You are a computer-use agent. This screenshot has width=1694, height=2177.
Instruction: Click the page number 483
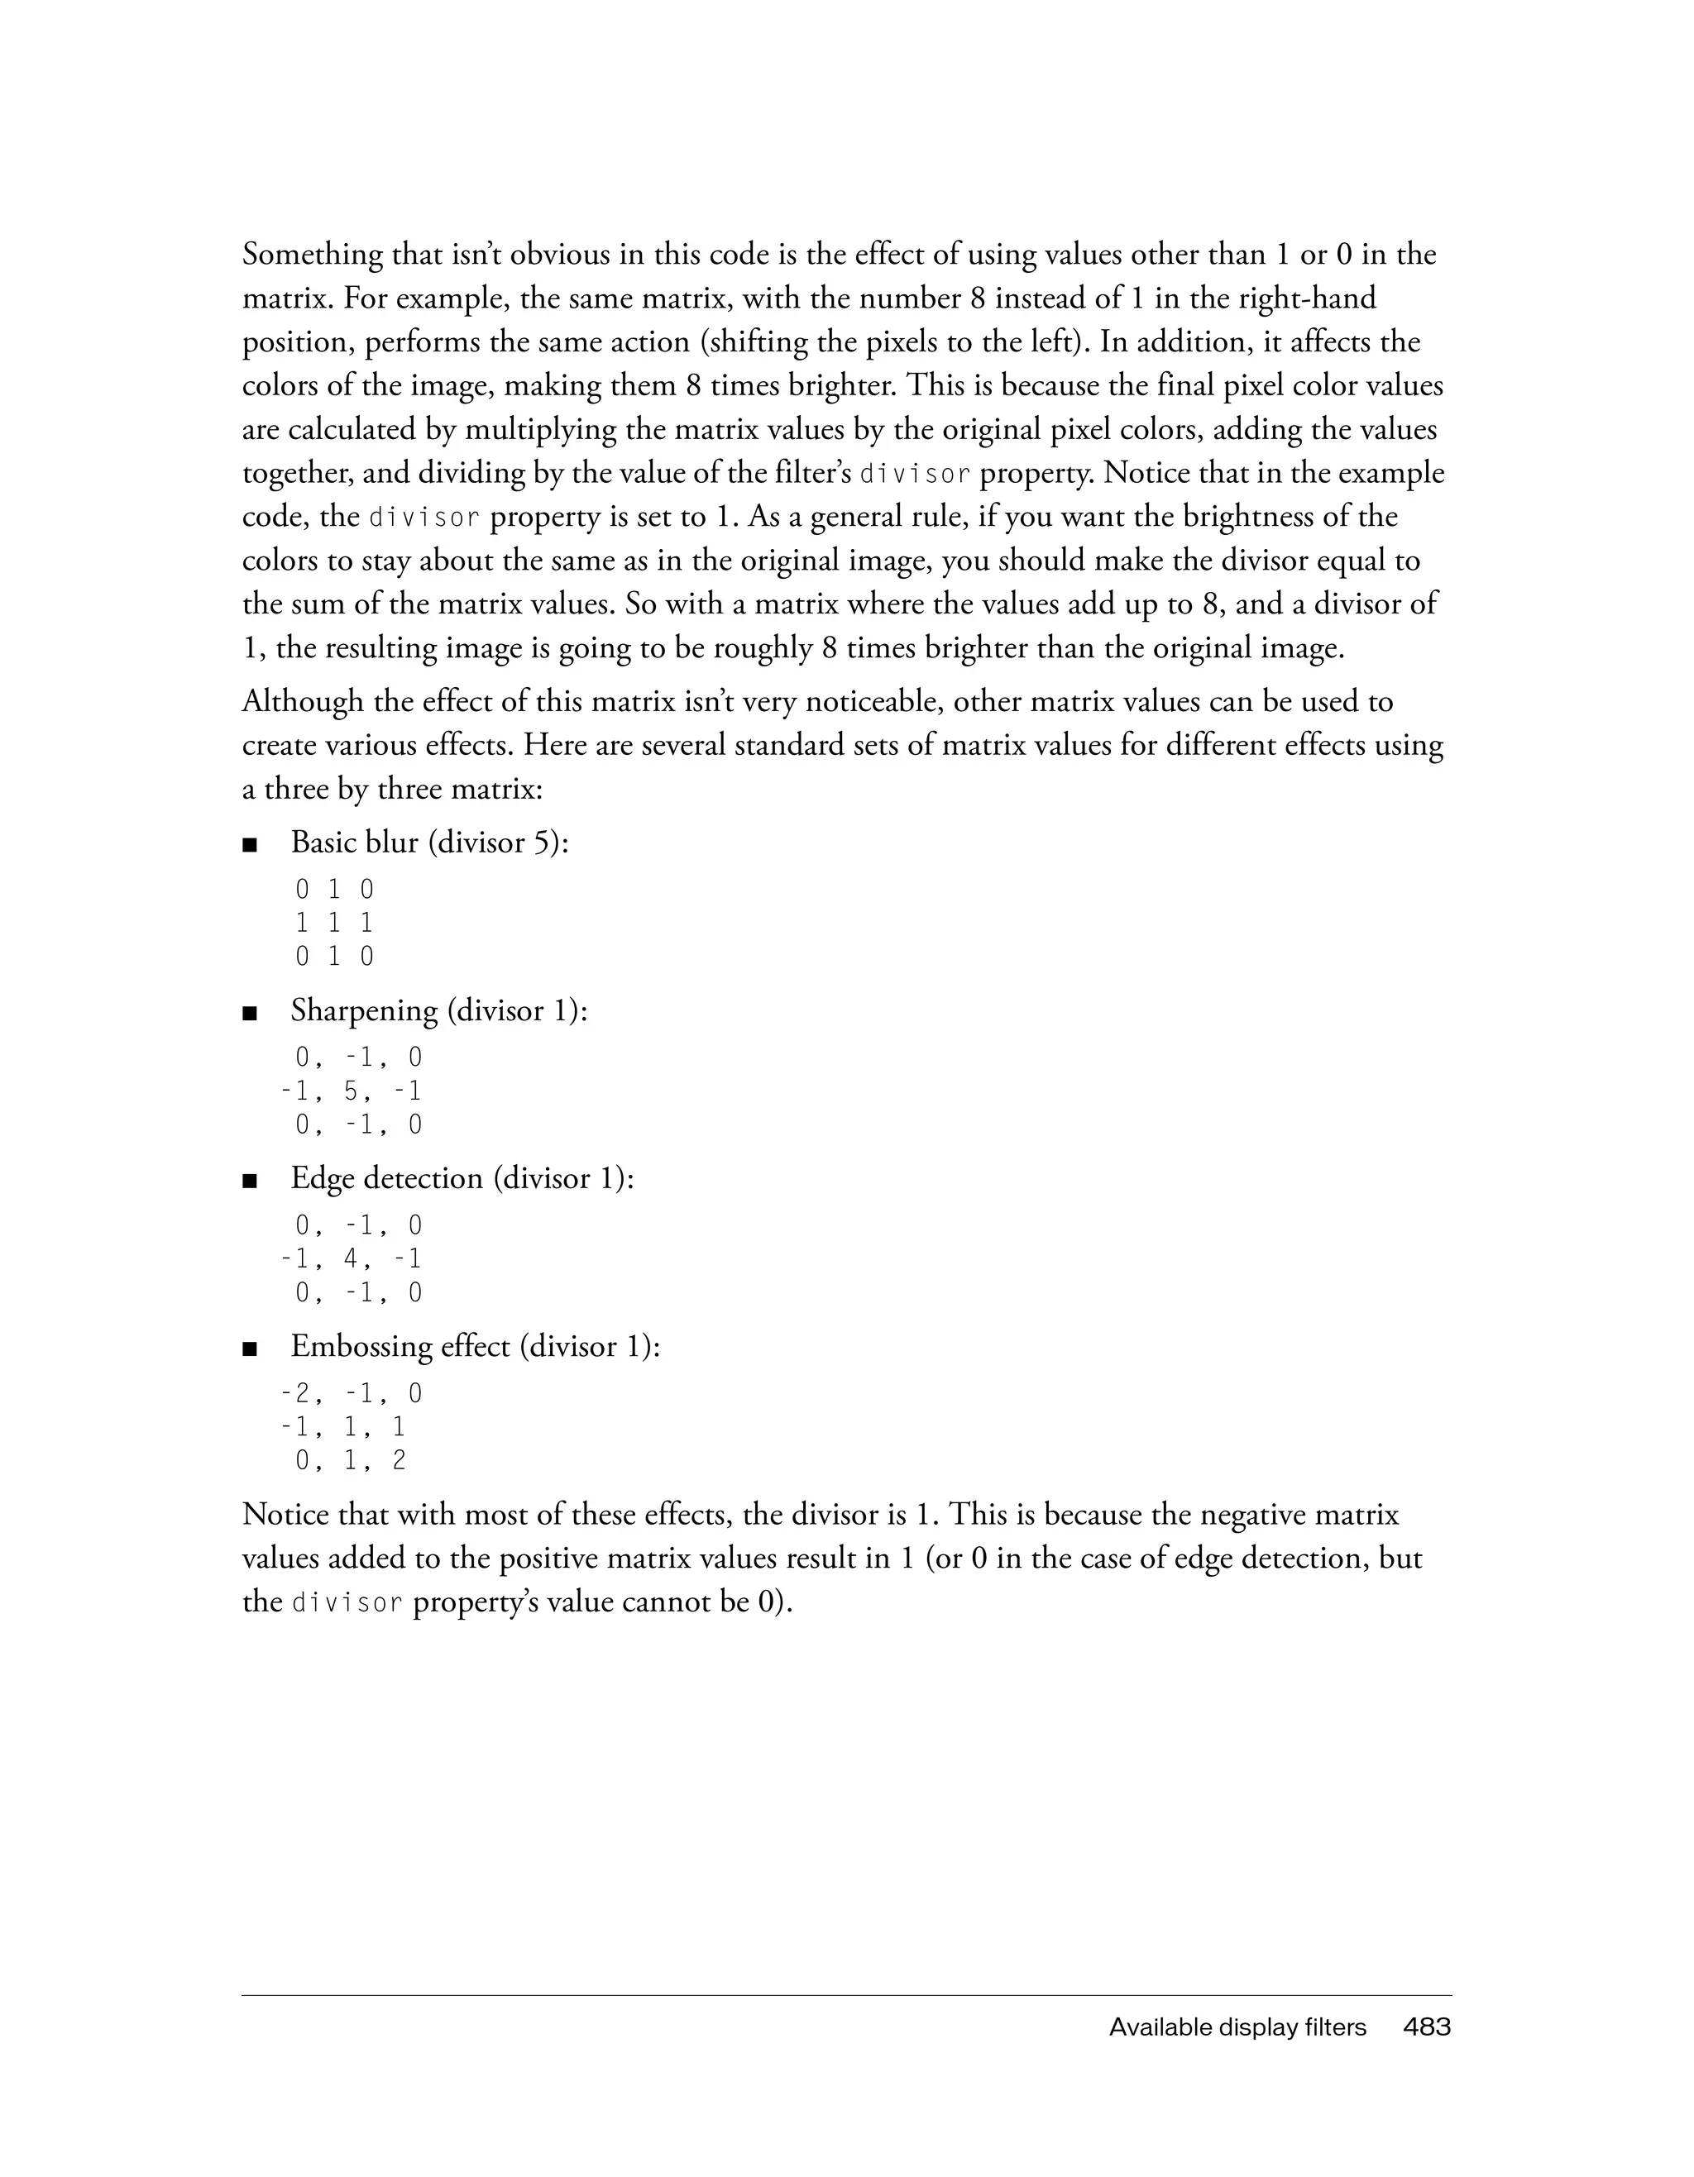(1427, 2027)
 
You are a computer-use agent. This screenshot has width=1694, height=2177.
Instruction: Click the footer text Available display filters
(1237, 2027)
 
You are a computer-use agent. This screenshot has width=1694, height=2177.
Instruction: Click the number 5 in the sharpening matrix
(351, 1091)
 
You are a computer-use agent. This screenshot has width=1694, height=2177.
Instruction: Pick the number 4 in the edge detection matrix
(351, 1259)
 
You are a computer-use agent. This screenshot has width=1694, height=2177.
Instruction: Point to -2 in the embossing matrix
(295, 1392)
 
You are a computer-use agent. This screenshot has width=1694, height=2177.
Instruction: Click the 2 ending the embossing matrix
(399, 1460)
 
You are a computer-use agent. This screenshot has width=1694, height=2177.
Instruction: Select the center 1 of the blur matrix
(334, 923)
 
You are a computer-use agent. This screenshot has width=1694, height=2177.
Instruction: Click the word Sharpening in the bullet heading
(364, 1012)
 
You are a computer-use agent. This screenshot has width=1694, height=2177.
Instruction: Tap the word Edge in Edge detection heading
(322, 1179)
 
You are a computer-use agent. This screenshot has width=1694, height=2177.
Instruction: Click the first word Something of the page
(312, 255)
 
